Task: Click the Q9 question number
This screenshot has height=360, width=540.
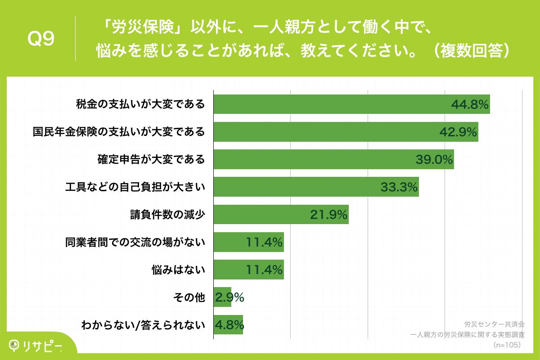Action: [41, 39]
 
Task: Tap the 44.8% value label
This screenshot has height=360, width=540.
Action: [469, 105]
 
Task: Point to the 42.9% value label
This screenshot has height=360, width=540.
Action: [458, 132]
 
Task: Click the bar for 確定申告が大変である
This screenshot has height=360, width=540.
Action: [315, 160]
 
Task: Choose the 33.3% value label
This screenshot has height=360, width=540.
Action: [399, 187]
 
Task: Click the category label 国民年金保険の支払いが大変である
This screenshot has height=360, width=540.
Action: [119, 132]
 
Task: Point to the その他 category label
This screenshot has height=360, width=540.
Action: [189, 297]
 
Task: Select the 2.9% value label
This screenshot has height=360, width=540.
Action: [229, 297]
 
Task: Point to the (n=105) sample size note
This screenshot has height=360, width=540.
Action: [507, 345]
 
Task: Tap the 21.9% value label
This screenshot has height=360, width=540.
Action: [328, 215]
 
